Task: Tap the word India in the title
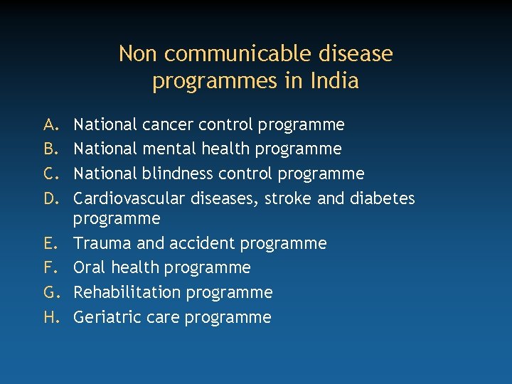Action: tap(334, 81)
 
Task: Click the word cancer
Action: tap(168, 125)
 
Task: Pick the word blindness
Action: tap(178, 174)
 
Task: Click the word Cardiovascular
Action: tap(128, 198)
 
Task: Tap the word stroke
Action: tap(288, 198)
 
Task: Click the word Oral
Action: tap(90, 267)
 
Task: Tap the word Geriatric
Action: tap(107, 317)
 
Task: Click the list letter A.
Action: tap(50, 125)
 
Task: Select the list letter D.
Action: tap(50, 198)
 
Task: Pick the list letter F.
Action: tap(50, 267)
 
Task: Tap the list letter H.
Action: tap(50, 317)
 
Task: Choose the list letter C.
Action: tap(50, 174)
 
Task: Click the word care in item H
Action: tap(162, 317)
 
